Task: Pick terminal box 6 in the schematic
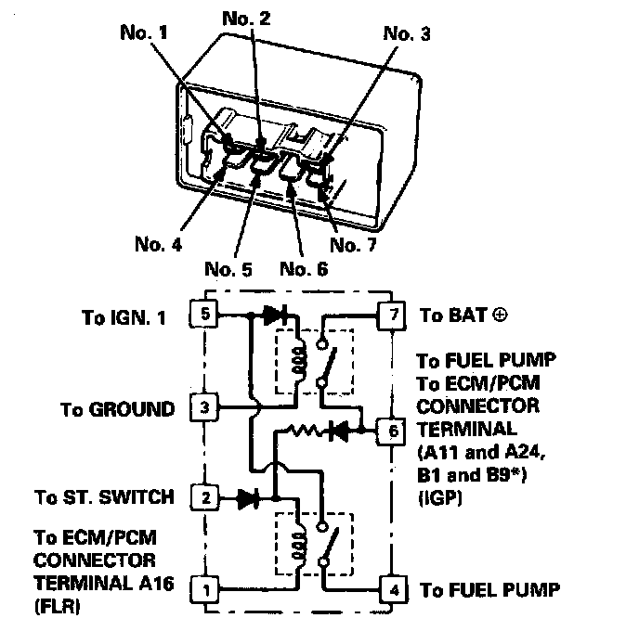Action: pyautogui.click(x=394, y=431)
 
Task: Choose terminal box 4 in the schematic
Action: pyautogui.click(x=394, y=588)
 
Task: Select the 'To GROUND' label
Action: pyautogui.click(x=117, y=408)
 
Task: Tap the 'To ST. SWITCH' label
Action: pyautogui.click(x=103, y=498)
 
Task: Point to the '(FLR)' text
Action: pyautogui.click(x=57, y=611)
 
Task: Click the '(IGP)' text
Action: pyautogui.click(x=440, y=499)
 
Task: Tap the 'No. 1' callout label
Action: pyautogui.click(x=146, y=33)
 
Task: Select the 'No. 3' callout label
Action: pyautogui.click(x=407, y=33)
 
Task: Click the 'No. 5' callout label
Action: pyautogui.click(x=228, y=269)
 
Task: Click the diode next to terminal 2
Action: pyautogui.click(x=247, y=499)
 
